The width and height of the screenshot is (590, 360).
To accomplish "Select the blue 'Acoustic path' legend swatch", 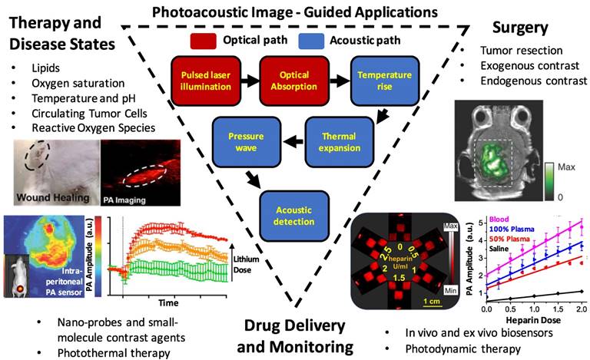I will [x=315, y=38].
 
